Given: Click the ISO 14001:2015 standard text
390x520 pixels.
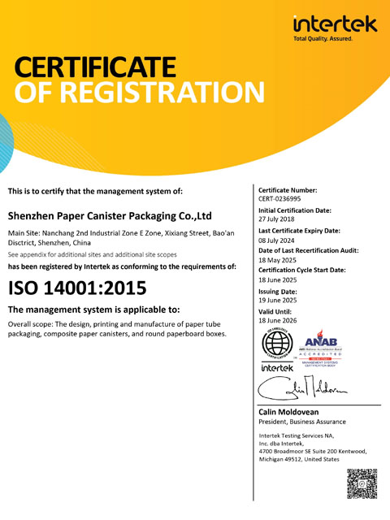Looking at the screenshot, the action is pos(77,288).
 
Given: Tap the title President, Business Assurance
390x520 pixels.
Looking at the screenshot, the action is pos(301,422).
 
